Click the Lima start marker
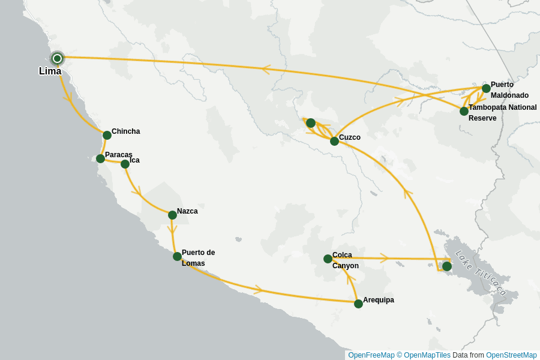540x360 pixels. click(57, 58)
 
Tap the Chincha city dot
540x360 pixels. click(107, 135)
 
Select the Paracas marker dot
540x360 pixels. click(100, 158)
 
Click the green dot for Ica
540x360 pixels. click(125, 164)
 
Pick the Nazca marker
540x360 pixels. click(172, 215)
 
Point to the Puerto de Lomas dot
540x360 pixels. click(177, 256)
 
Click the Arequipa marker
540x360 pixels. click(358, 304)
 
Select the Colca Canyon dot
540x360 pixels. click(328, 259)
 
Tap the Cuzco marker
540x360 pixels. click(334, 141)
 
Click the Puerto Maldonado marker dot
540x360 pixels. click(486, 88)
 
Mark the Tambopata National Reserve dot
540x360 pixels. click(464, 111)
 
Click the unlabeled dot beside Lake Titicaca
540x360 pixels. click(446, 266)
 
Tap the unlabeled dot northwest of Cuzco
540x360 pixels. click(310, 123)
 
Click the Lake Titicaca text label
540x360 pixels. click(481, 273)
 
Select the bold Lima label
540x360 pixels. click(50, 71)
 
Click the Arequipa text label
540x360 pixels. click(379, 300)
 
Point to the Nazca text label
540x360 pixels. click(187, 211)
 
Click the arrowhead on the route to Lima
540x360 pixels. click(266, 69)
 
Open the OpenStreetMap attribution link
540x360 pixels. click(511, 355)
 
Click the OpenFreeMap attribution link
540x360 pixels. click(371, 355)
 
